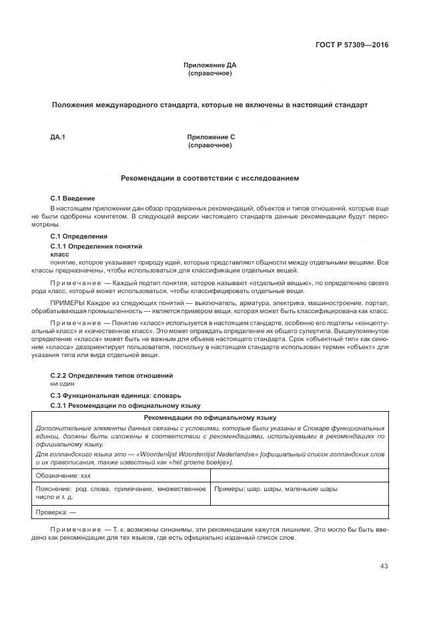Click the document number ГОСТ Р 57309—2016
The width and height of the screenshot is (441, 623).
(352, 45)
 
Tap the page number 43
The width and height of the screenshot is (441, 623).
(384, 566)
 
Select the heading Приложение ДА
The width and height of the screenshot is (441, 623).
(210, 65)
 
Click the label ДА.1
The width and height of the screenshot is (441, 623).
(57, 137)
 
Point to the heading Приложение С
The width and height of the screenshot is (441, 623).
(211, 137)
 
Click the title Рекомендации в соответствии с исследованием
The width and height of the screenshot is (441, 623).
(210, 179)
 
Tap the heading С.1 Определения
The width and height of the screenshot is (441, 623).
(79, 237)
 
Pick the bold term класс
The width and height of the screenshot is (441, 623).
(60, 255)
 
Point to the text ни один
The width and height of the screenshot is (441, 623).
(63, 384)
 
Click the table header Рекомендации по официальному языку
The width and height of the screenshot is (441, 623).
(210, 416)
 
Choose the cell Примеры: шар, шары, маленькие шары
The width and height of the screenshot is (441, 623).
(276, 489)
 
